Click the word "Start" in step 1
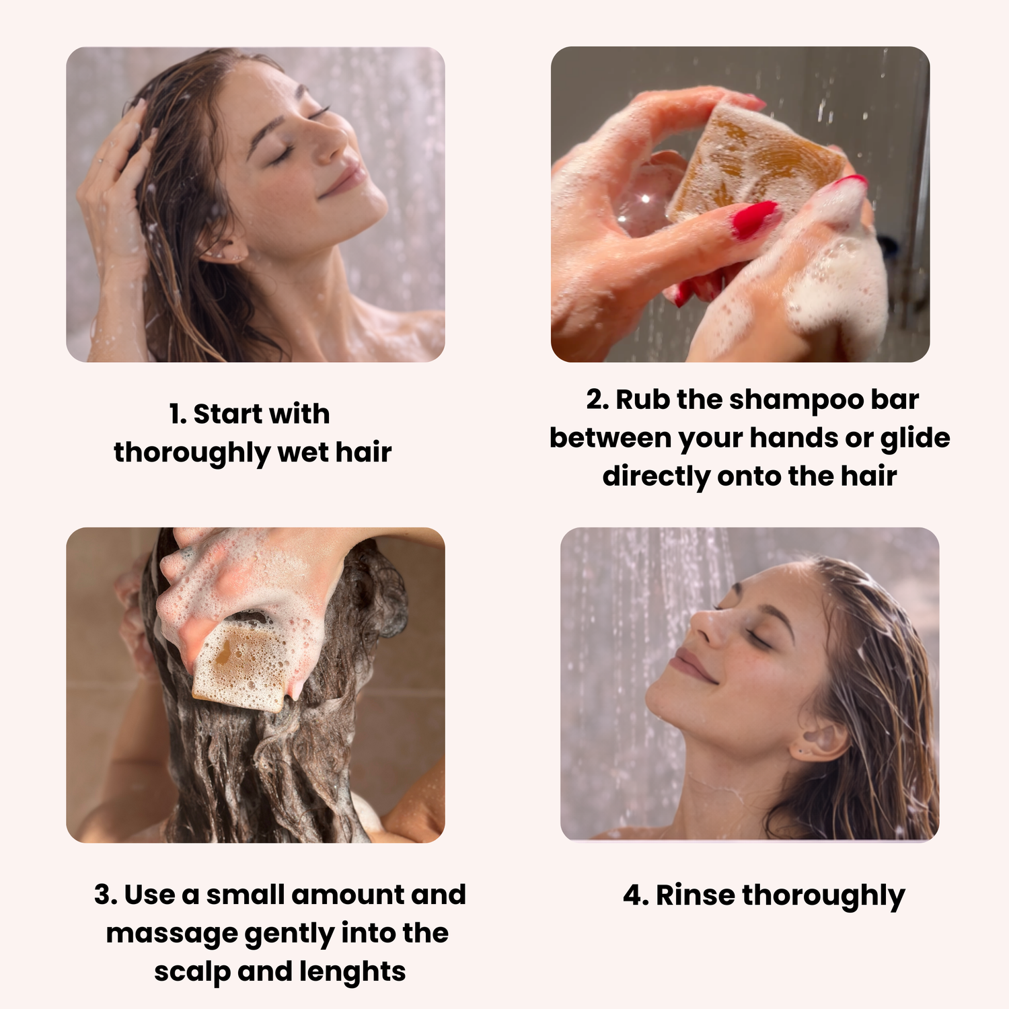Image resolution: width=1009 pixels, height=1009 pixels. [x=226, y=414]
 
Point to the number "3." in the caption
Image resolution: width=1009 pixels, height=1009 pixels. [x=106, y=895]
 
